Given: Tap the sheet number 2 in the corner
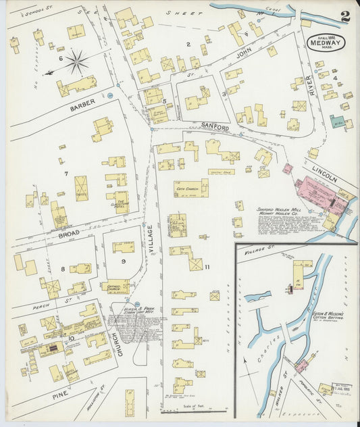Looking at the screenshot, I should click(345, 16).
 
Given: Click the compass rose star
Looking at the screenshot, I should click(76, 63).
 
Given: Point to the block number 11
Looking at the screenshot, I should click(207, 267).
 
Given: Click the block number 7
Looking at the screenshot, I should click(66, 174).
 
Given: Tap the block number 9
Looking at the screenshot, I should click(123, 261).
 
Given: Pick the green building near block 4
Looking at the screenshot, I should click(337, 124).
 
